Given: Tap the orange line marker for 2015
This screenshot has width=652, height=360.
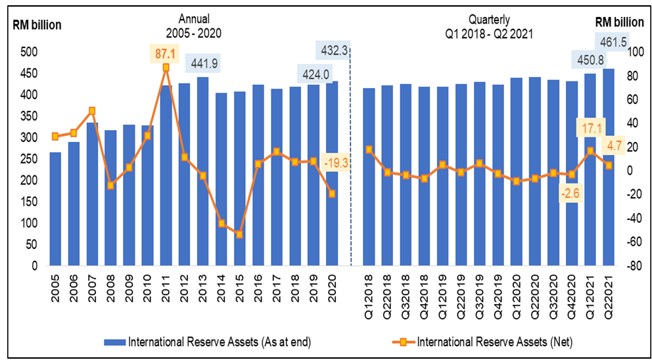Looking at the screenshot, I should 239,234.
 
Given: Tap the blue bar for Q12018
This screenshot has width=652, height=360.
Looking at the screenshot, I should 369,177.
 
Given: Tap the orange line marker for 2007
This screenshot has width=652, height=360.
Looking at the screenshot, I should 91,110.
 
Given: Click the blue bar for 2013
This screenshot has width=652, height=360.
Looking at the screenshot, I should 202,171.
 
